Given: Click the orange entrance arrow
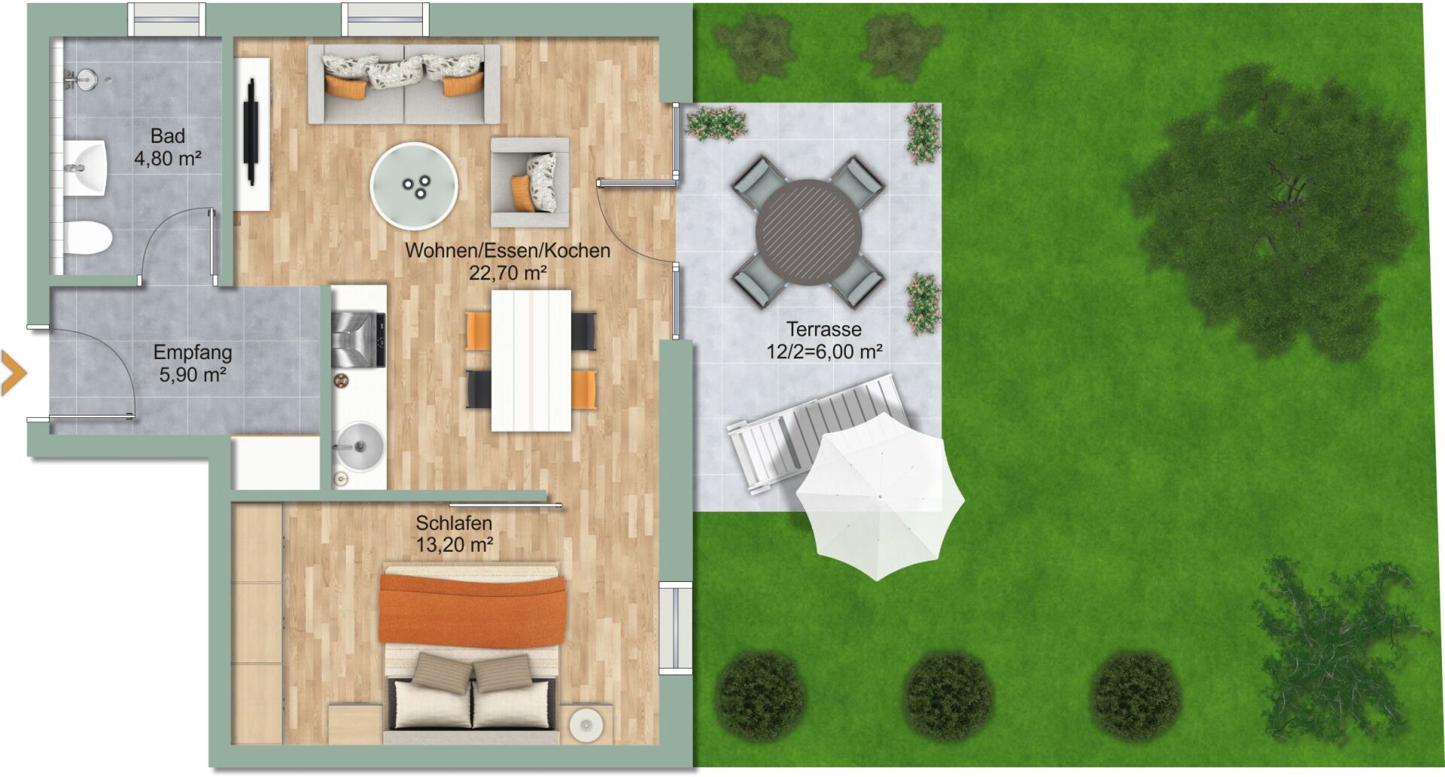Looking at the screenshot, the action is [14, 373].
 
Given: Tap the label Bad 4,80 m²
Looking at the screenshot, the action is [167, 147].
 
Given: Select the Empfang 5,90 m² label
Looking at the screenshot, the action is [193, 363].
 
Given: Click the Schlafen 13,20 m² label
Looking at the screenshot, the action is [454, 533].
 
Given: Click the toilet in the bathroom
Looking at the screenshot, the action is [87, 237].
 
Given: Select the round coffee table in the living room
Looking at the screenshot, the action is [414, 186].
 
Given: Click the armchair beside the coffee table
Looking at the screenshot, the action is [530, 182].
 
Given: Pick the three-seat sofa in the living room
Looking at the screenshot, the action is [403, 84].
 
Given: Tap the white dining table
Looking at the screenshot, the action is [531, 361].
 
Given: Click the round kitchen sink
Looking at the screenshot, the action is [359, 446].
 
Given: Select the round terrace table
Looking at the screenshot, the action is [808, 232].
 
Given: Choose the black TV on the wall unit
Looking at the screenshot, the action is [251, 132].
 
